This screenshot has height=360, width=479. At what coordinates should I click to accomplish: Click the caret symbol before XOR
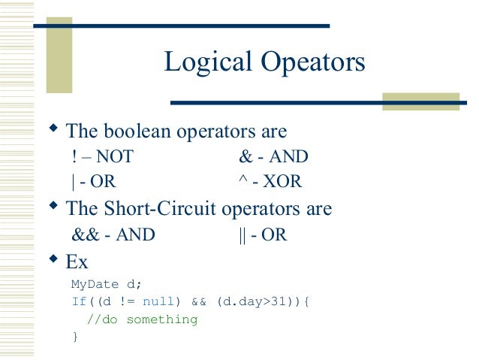[242, 181]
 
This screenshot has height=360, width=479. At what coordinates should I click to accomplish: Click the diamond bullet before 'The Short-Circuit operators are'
[53, 205]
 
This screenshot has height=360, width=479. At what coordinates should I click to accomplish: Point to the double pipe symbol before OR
[242, 234]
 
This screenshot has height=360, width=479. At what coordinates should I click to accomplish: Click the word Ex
[77, 262]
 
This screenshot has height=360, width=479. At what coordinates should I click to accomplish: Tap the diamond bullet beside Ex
[53, 259]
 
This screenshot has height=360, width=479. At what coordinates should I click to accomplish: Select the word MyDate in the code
[89, 285]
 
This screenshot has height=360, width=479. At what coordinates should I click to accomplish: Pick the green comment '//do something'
[142, 319]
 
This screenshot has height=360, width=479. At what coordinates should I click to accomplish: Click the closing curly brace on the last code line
[74, 337]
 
